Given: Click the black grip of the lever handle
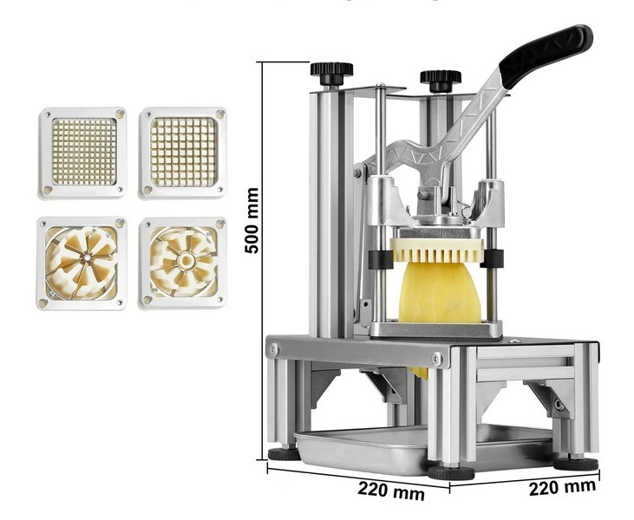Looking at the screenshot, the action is click(546, 55).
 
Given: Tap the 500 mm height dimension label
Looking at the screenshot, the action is click(252, 220).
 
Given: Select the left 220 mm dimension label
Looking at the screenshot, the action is click(391, 491).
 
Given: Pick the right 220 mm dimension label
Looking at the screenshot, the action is click(562, 486).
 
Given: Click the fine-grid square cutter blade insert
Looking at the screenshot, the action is click(83, 153).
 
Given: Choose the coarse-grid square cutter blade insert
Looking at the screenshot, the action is click(183, 153).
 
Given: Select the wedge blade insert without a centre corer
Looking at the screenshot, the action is click(82, 263).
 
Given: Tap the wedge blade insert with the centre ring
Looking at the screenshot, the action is click(183, 263).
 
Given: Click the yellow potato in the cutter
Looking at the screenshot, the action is click(439, 292).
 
